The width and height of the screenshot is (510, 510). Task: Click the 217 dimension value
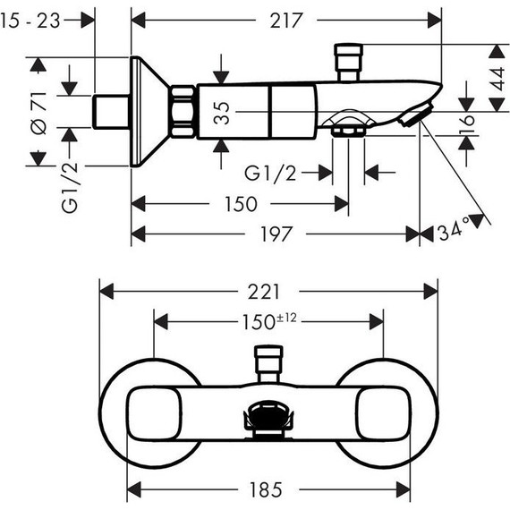click(x=286, y=21)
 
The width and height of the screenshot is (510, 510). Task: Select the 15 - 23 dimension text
click(x=30, y=21)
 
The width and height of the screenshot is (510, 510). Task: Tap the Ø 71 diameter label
click(x=39, y=113)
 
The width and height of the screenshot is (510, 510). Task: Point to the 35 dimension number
click(x=222, y=113)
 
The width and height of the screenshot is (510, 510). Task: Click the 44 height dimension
click(x=497, y=79)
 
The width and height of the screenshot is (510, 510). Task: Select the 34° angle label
click(x=454, y=229)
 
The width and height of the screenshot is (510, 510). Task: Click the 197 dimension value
click(x=276, y=234)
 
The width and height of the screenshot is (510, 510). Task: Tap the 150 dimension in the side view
click(x=241, y=204)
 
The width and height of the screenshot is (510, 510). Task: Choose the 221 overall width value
click(x=263, y=292)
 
